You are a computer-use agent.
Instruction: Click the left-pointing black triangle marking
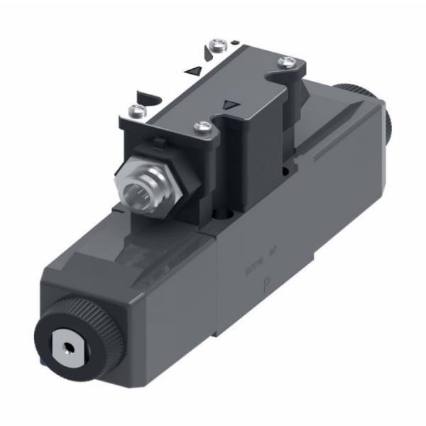point(191,70)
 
